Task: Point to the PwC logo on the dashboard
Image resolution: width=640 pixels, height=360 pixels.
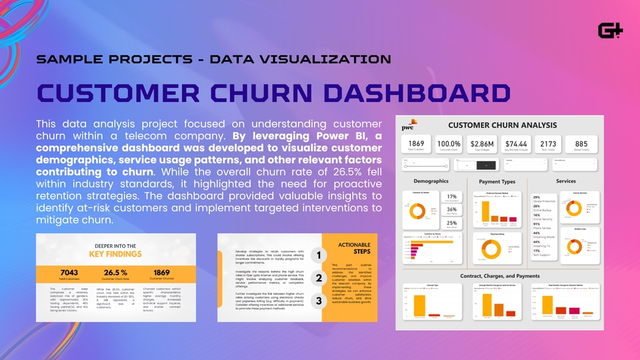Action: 407,126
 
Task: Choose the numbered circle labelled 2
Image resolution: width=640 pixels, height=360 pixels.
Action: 319,279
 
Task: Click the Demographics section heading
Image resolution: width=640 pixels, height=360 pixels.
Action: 431,181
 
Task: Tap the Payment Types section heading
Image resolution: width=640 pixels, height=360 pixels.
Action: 497,182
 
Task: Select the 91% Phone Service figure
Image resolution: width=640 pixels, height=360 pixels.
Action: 537,224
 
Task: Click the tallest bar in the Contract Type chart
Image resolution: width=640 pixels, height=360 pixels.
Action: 421,307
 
